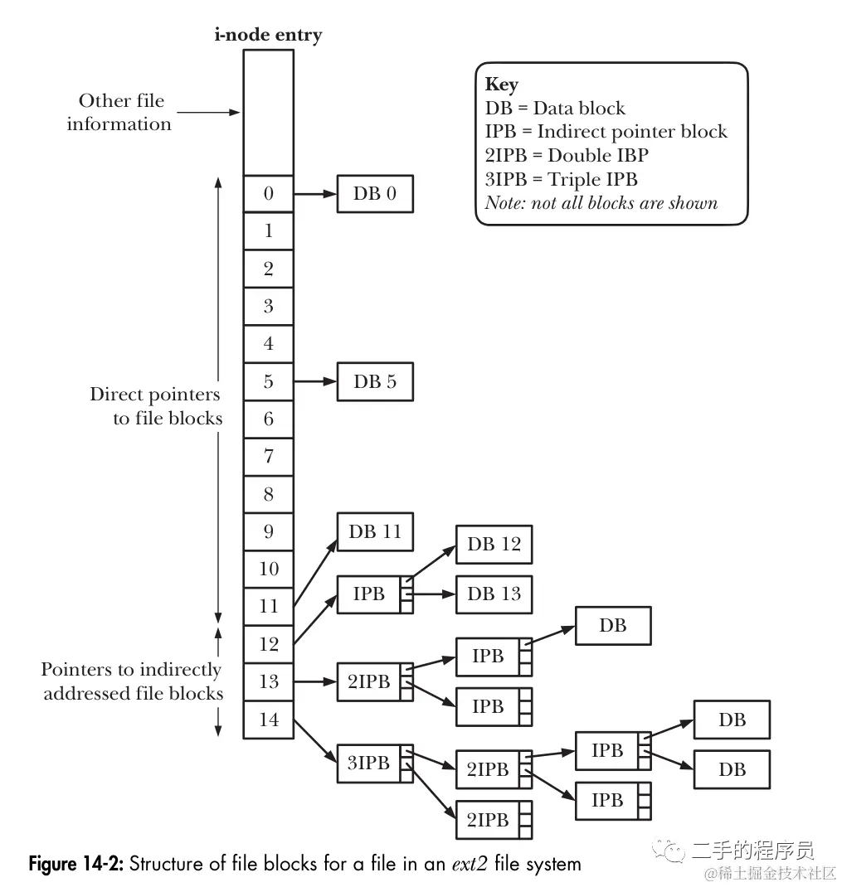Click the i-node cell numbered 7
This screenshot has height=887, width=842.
coord(268,456)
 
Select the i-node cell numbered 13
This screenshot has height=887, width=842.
coord(268,681)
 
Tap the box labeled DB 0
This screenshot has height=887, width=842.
coord(374,194)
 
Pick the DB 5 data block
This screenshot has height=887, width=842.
coord(374,381)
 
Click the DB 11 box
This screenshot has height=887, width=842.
coord(374,532)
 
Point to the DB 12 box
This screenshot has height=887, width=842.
coord(494,544)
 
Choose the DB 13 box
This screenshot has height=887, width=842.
coord(494,594)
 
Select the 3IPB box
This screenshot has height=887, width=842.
coord(368,763)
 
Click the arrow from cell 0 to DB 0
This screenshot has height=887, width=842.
coord(314,194)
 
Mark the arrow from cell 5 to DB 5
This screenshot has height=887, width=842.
coord(314,381)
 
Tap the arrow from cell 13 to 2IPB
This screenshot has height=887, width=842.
coord(314,681)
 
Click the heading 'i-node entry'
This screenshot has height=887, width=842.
coord(267,35)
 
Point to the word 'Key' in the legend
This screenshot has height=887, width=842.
coord(501,85)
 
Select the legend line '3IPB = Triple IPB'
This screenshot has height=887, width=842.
coord(562,179)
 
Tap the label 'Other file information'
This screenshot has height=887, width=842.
coord(120,112)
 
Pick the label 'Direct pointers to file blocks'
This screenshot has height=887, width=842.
coord(156,406)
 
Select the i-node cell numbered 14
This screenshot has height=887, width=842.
coord(268,720)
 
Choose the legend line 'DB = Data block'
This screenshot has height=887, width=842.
coord(555,108)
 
